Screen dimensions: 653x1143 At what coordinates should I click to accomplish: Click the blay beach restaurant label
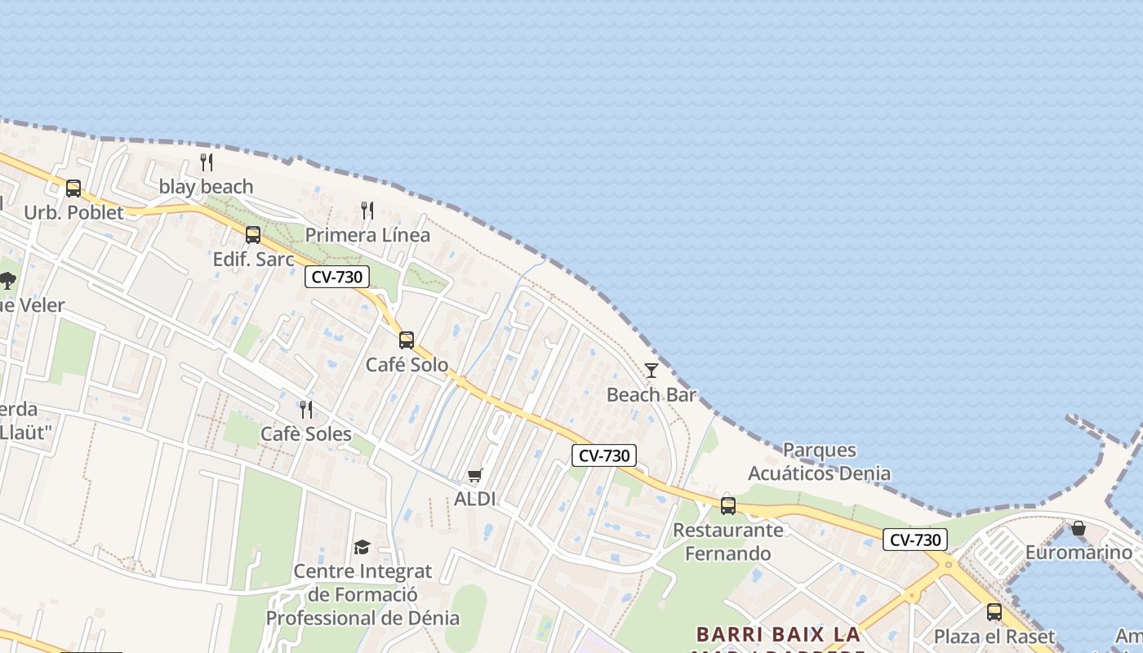point(206,187)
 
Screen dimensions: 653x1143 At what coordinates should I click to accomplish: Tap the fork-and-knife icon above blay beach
point(207,162)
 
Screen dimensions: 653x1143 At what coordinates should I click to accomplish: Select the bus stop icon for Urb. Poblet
point(73,189)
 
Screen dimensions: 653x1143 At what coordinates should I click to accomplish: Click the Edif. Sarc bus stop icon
point(253,235)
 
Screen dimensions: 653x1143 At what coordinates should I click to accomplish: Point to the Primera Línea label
point(367,235)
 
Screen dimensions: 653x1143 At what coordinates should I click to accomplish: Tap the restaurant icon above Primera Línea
point(367,211)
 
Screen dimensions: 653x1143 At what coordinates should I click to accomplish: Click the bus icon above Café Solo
point(407,340)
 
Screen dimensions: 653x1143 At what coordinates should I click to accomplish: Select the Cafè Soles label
point(306,433)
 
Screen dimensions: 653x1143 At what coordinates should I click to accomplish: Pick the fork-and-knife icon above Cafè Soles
point(306,409)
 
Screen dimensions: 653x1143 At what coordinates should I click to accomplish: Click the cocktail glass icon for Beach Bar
point(652,371)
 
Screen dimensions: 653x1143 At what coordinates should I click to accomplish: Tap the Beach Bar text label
point(652,395)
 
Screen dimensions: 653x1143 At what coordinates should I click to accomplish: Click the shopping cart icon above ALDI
point(475,475)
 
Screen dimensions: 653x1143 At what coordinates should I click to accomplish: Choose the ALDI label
point(475,499)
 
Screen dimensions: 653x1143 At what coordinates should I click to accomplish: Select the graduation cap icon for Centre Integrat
point(362,547)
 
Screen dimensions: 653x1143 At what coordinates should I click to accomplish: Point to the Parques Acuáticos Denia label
point(819,461)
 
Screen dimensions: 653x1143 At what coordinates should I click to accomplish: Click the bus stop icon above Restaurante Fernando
point(728,506)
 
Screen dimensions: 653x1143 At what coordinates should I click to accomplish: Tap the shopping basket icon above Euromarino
point(1079,528)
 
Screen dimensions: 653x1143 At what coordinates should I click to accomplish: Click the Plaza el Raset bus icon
point(994,612)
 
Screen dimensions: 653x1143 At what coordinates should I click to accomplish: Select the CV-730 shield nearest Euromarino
point(914,540)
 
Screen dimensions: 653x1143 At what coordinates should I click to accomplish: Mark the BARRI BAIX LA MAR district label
point(778,634)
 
